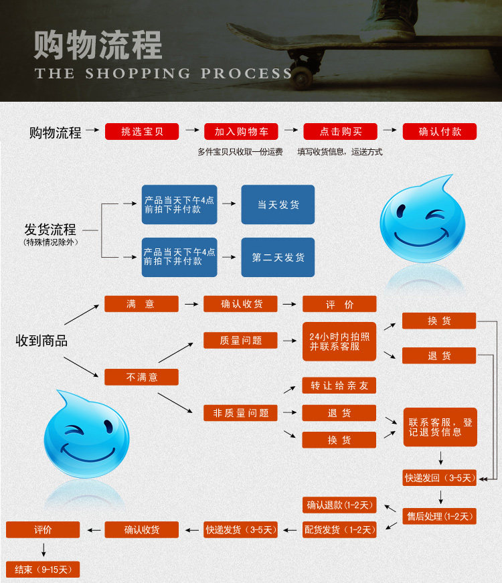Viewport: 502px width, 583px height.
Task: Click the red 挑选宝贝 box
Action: [142, 132]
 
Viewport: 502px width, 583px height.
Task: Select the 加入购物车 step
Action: [241, 132]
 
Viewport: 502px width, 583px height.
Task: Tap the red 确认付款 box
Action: [439, 132]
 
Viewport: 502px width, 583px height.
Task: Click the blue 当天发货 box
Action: [278, 205]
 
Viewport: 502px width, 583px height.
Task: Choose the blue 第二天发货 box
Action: [278, 257]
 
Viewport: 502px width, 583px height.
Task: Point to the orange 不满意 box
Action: [141, 377]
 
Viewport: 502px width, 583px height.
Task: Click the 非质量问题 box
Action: [240, 413]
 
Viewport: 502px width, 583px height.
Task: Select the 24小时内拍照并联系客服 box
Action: [339, 341]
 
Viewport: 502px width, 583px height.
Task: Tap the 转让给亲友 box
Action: [339, 386]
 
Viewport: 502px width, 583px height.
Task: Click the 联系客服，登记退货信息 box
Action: [440, 427]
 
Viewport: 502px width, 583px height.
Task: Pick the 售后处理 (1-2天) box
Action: [440, 516]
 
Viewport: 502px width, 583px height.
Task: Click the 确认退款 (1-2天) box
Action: [339, 505]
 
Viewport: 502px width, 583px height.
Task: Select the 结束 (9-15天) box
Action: [43, 570]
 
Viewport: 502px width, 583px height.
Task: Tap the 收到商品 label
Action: [41, 341]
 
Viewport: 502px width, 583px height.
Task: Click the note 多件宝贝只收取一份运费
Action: [240, 152]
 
